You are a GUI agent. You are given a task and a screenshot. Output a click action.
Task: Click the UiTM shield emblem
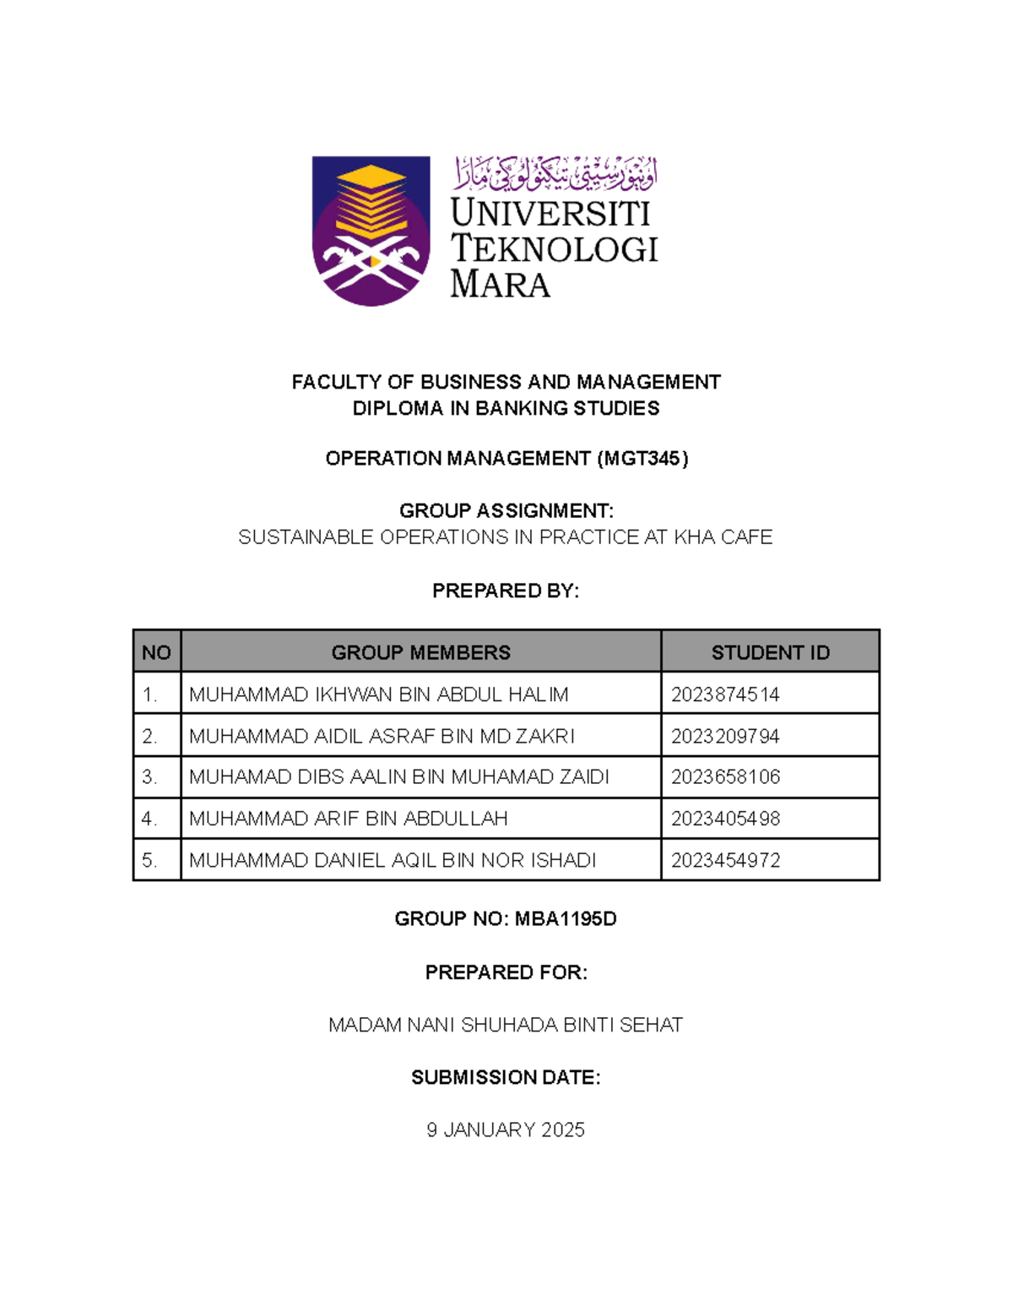tap(371, 230)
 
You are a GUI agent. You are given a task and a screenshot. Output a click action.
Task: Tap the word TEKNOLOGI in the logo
tap(554, 249)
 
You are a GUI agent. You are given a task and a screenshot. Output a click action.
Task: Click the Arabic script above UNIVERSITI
tap(555, 173)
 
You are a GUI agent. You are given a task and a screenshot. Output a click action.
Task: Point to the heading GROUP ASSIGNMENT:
tap(506, 511)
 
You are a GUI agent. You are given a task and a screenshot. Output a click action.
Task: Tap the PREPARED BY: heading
tap(506, 591)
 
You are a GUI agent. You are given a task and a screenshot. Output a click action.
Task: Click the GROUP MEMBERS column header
tap(420, 652)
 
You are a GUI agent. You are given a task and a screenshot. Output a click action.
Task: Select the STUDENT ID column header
tap(770, 652)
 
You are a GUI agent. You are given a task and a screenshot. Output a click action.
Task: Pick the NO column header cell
tap(156, 652)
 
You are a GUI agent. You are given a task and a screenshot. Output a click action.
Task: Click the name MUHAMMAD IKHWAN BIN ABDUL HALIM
tap(378, 694)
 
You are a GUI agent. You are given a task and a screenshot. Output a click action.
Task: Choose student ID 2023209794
tap(725, 737)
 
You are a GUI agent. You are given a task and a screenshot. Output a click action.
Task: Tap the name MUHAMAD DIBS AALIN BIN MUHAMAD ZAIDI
tap(398, 777)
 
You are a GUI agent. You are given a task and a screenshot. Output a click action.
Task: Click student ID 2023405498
tap(725, 819)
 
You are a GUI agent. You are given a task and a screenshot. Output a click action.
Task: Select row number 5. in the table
tap(149, 861)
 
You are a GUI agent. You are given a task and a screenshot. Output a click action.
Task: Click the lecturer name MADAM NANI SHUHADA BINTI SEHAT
tap(506, 1026)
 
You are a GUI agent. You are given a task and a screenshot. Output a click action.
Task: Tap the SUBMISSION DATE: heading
tap(506, 1078)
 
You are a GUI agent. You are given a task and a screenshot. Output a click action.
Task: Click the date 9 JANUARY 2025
tap(506, 1130)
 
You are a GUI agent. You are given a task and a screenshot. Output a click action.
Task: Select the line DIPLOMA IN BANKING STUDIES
tap(506, 409)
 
